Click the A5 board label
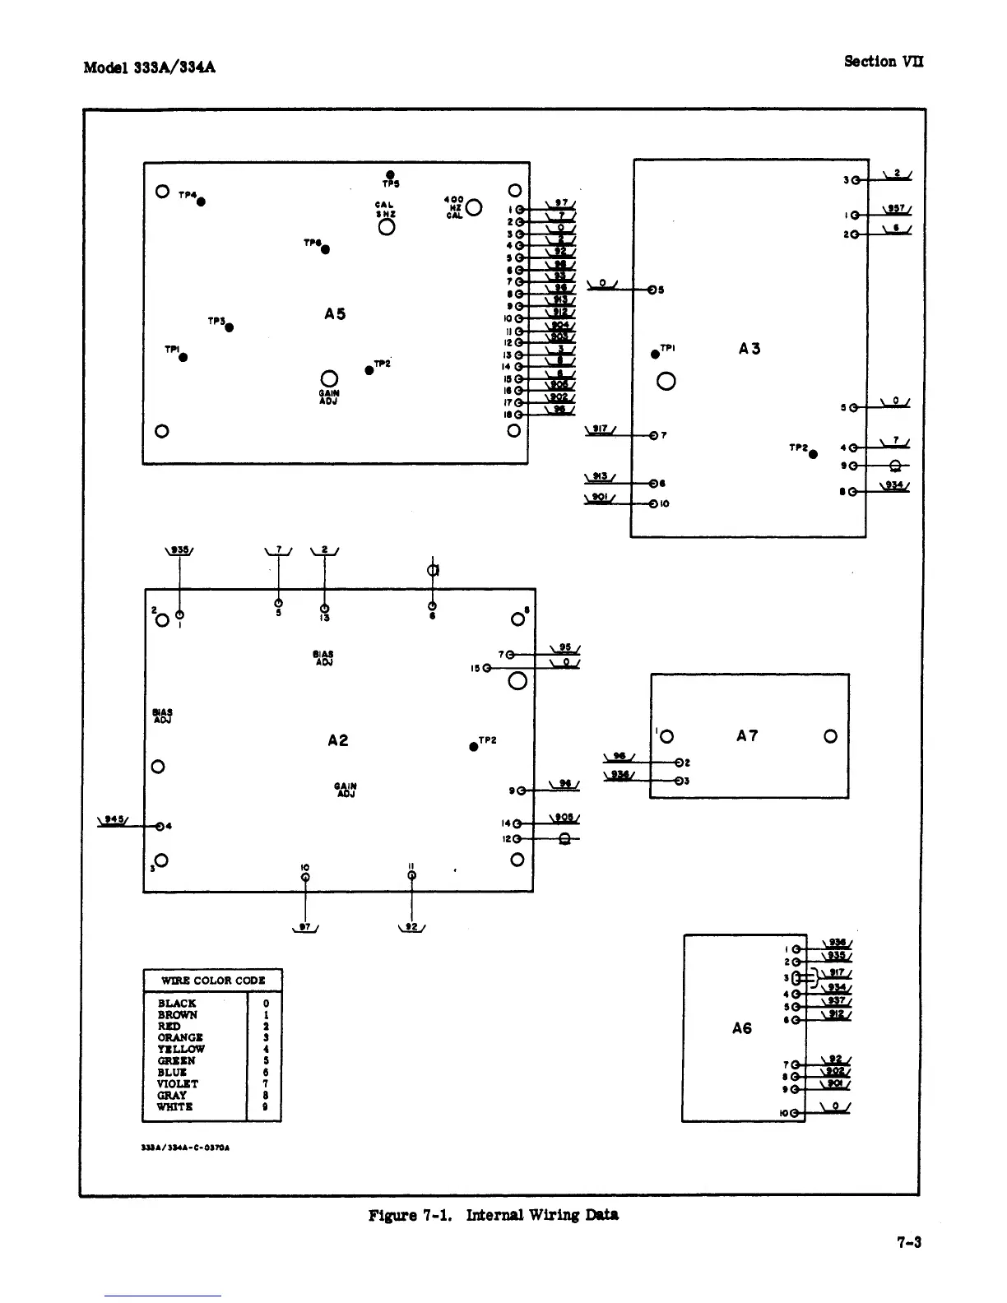click(x=335, y=313)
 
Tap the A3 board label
click(x=749, y=349)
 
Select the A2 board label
click(x=338, y=740)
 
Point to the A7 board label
click(x=747, y=736)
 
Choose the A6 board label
click(x=742, y=1028)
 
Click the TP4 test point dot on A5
click(x=201, y=202)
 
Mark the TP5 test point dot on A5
click(x=389, y=174)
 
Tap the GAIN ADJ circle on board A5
click(x=329, y=378)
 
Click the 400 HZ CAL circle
click(x=474, y=208)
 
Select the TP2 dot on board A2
click(x=474, y=746)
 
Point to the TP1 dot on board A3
click(x=655, y=354)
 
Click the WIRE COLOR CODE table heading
click(x=213, y=981)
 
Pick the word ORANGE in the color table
click(x=179, y=1038)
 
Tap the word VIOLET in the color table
click(x=178, y=1084)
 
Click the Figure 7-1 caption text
click(x=494, y=1215)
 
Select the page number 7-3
click(x=909, y=1242)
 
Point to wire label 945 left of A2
click(x=110, y=818)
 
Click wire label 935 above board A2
click(x=179, y=550)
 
